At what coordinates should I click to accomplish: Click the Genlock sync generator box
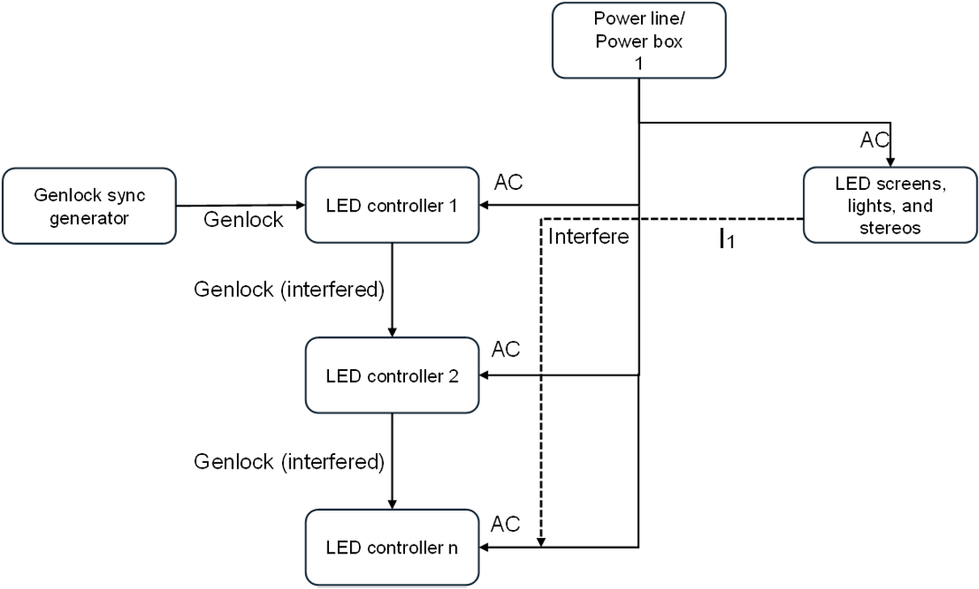(x=89, y=206)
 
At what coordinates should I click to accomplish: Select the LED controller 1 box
(x=392, y=205)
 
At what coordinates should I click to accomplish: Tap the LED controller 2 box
(x=392, y=376)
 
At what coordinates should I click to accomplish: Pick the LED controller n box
(x=392, y=548)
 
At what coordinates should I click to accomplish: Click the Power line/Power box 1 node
(x=639, y=41)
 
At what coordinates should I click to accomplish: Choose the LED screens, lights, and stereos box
(x=889, y=205)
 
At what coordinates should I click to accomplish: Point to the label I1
(x=727, y=240)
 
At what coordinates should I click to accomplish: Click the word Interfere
(x=588, y=237)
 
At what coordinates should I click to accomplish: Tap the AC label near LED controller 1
(x=508, y=183)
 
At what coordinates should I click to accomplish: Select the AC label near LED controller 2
(x=506, y=350)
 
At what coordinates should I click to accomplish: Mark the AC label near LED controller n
(x=506, y=523)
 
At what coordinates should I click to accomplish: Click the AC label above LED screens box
(x=873, y=140)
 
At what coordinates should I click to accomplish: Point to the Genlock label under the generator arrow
(x=243, y=220)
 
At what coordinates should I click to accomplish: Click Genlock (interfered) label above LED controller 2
(x=289, y=289)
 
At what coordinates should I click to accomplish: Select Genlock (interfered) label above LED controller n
(x=289, y=461)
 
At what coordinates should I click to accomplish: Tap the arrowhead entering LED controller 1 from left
(x=300, y=205)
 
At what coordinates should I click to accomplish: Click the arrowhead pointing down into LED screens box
(x=889, y=162)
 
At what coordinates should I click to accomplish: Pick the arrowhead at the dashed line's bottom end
(x=542, y=541)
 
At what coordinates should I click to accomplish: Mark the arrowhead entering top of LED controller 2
(x=392, y=332)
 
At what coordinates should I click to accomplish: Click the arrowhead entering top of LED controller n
(x=392, y=504)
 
